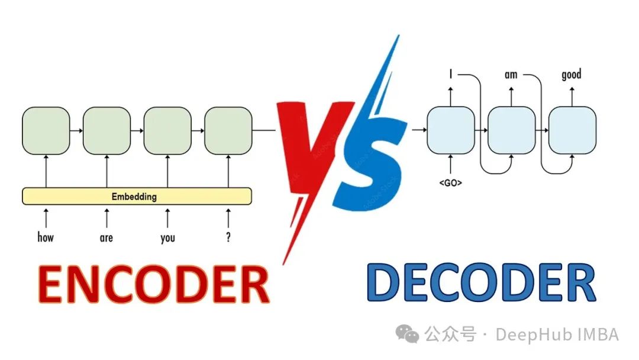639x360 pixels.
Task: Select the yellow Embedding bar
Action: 137,196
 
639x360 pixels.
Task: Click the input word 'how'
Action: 46,237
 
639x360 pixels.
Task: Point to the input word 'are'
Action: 106,238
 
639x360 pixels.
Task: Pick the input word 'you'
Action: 167,238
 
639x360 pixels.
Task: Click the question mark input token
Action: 228,237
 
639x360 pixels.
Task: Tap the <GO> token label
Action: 451,183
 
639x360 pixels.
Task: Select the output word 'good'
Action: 572,75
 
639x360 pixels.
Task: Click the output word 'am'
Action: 511,75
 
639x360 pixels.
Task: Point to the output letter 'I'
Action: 451,75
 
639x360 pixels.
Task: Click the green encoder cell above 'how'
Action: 46,130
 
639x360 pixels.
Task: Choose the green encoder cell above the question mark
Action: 228,130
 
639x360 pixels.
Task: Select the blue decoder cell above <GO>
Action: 451,130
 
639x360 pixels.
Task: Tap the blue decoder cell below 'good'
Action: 572,130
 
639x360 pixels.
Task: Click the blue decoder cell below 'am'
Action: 511,130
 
